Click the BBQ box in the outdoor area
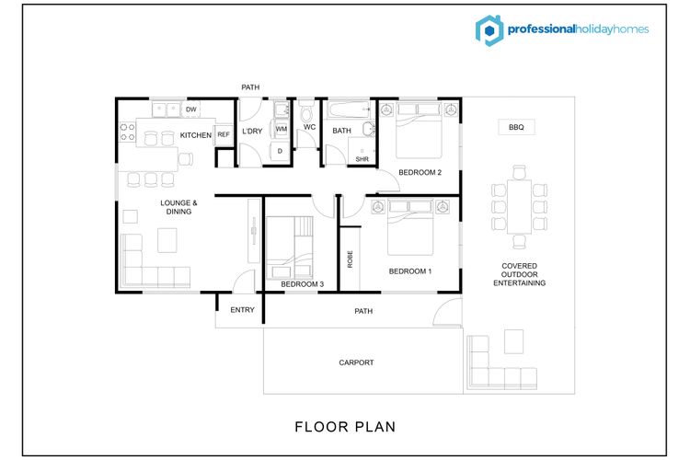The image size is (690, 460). coord(517,127)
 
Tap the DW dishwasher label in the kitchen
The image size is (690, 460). coord(191,109)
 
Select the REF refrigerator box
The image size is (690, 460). coord(224,134)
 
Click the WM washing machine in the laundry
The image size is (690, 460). coord(282,129)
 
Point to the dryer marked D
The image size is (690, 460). coord(280,151)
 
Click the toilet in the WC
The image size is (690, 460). coord(306,112)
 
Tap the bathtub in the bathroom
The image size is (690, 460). coord(349,109)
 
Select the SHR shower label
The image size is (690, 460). coord(362,159)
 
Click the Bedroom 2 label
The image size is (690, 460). coord(420,173)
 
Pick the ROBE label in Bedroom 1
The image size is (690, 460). coord(351,259)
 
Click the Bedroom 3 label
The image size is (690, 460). coord(303,284)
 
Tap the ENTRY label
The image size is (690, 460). coord(243,310)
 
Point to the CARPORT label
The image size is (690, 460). coord(356,362)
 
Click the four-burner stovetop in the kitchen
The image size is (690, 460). coord(128,132)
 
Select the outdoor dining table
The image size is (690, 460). coord(519,206)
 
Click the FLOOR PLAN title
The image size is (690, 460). coord(345,427)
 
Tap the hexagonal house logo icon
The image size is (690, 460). coord(489,30)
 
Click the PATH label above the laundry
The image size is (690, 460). coord(250,87)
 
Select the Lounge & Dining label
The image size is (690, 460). coord(178,207)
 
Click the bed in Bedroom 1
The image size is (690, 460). coord(410,228)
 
